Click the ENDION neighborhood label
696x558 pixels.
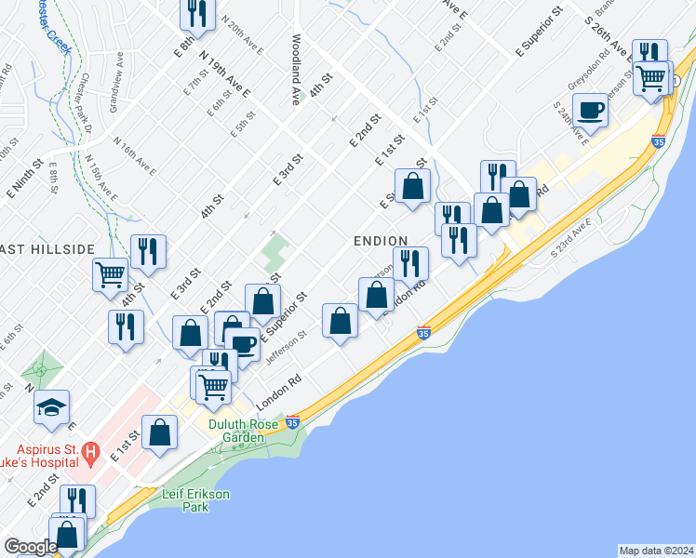click(381, 241)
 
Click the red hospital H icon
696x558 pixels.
click(90, 454)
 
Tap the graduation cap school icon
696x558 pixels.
click(52, 406)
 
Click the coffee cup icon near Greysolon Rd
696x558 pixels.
click(591, 113)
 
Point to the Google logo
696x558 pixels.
click(30, 547)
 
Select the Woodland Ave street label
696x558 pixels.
click(295, 71)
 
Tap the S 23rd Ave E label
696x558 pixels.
click(571, 238)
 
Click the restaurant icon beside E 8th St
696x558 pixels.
click(196, 13)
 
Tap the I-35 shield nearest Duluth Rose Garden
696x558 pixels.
click(293, 421)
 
